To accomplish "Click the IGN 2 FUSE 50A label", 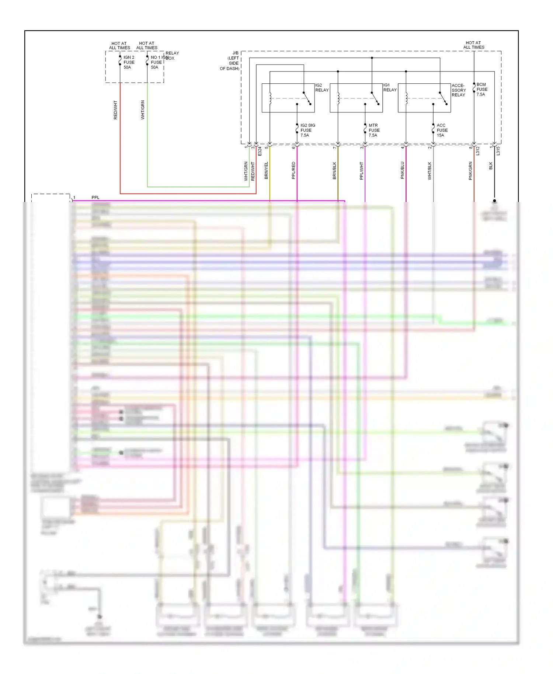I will pyautogui.click(x=129, y=62).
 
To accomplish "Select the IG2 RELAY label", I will pyautogui.click(x=321, y=88).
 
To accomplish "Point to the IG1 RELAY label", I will pyautogui.click(x=390, y=88).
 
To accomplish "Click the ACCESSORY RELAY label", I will pyautogui.click(x=459, y=90).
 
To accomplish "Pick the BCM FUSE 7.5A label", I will pyautogui.click(x=481, y=90).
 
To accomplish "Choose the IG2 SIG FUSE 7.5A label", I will pyautogui.click(x=307, y=131).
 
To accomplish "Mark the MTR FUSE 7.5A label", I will pyautogui.click(x=374, y=131).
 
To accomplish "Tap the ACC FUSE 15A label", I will pyautogui.click(x=442, y=131).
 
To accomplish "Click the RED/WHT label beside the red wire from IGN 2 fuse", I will pyautogui.click(x=115, y=110).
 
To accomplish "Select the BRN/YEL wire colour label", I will pyautogui.click(x=266, y=170).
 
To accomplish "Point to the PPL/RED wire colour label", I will pyautogui.click(x=293, y=170).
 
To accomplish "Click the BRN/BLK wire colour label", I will pyautogui.click(x=334, y=170).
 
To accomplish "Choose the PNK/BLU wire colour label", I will pyautogui.click(x=402, y=170).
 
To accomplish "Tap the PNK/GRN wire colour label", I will pyautogui.click(x=470, y=171).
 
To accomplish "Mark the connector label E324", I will pyautogui.click(x=260, y=151).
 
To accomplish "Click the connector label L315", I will pyautogui.click(x=498, y=151).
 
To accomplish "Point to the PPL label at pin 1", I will pyautogui.click(x=95, y=198).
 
